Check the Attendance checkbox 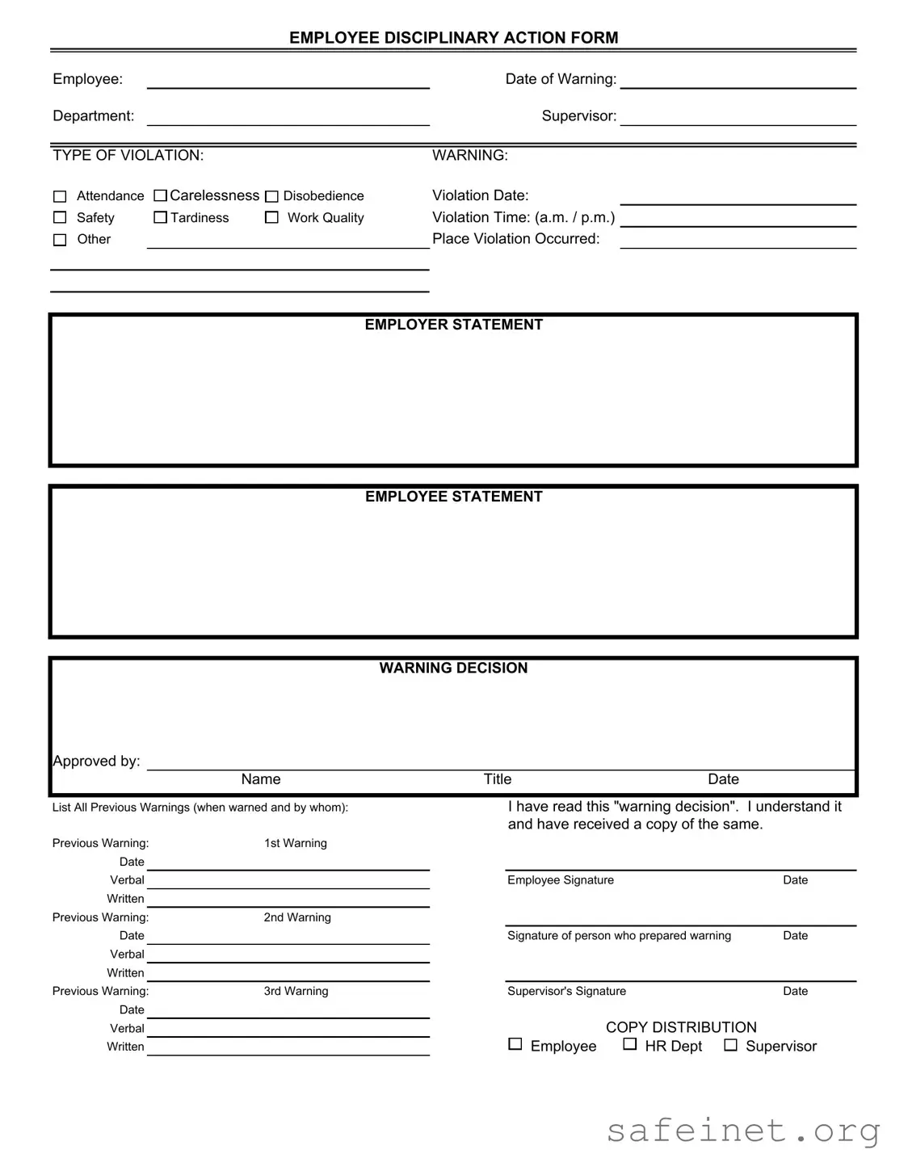point(60,196)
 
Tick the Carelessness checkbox point(160,195)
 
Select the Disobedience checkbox point(271,196)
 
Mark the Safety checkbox point(60,217)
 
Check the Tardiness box point(160,217)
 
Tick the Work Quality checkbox point(271,217)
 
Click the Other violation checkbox point(60,240)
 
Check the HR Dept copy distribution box point(630,1044)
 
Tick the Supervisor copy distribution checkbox point(730,1045)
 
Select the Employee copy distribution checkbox point(515,1044)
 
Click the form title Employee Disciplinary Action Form point(453,37)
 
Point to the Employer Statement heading point(453,325)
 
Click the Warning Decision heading point(453,668)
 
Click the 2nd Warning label point(297,917)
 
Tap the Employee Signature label point(561,880)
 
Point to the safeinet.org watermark point(743,1131)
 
